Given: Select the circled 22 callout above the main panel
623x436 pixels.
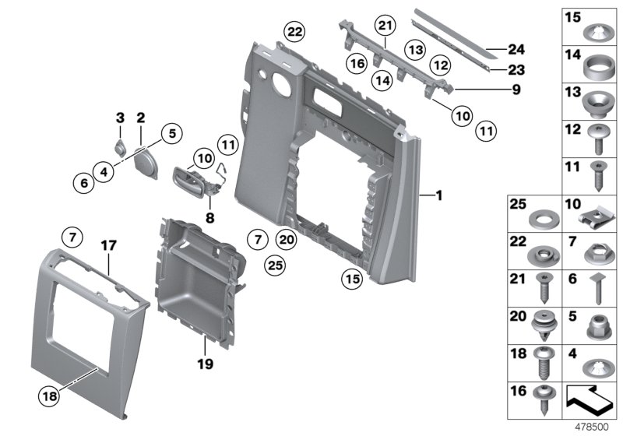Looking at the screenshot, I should [x=295, y=32].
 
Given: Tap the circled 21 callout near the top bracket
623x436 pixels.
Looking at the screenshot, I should [x=383, y=26].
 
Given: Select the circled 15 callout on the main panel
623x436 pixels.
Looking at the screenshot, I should [x=354, y=278].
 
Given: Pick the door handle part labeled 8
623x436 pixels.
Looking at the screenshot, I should [x=190, y=178].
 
